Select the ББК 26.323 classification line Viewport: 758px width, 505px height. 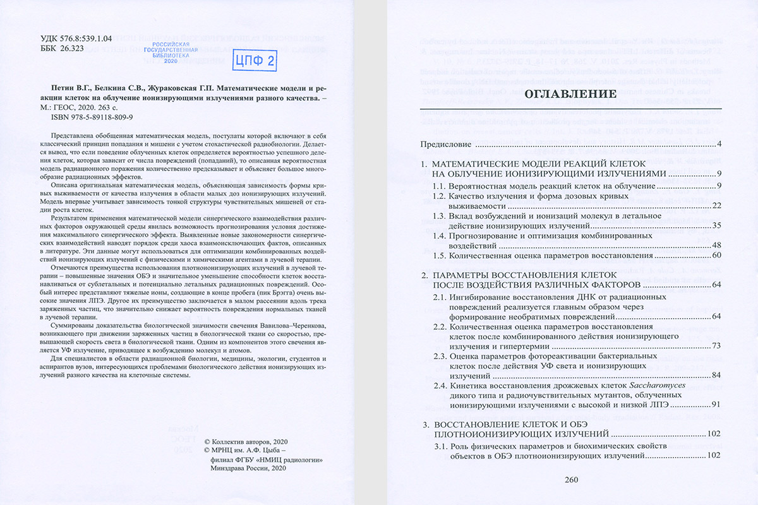pos(62,49)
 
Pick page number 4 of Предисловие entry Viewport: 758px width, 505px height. pos(719,145)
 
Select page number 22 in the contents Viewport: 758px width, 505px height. pos(716,205)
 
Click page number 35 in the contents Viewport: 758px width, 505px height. pos(716,225)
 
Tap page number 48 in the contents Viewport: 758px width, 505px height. pos(716,245)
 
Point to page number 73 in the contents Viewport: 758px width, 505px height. pos(716,347)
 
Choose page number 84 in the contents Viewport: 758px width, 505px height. pos(716,376)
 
